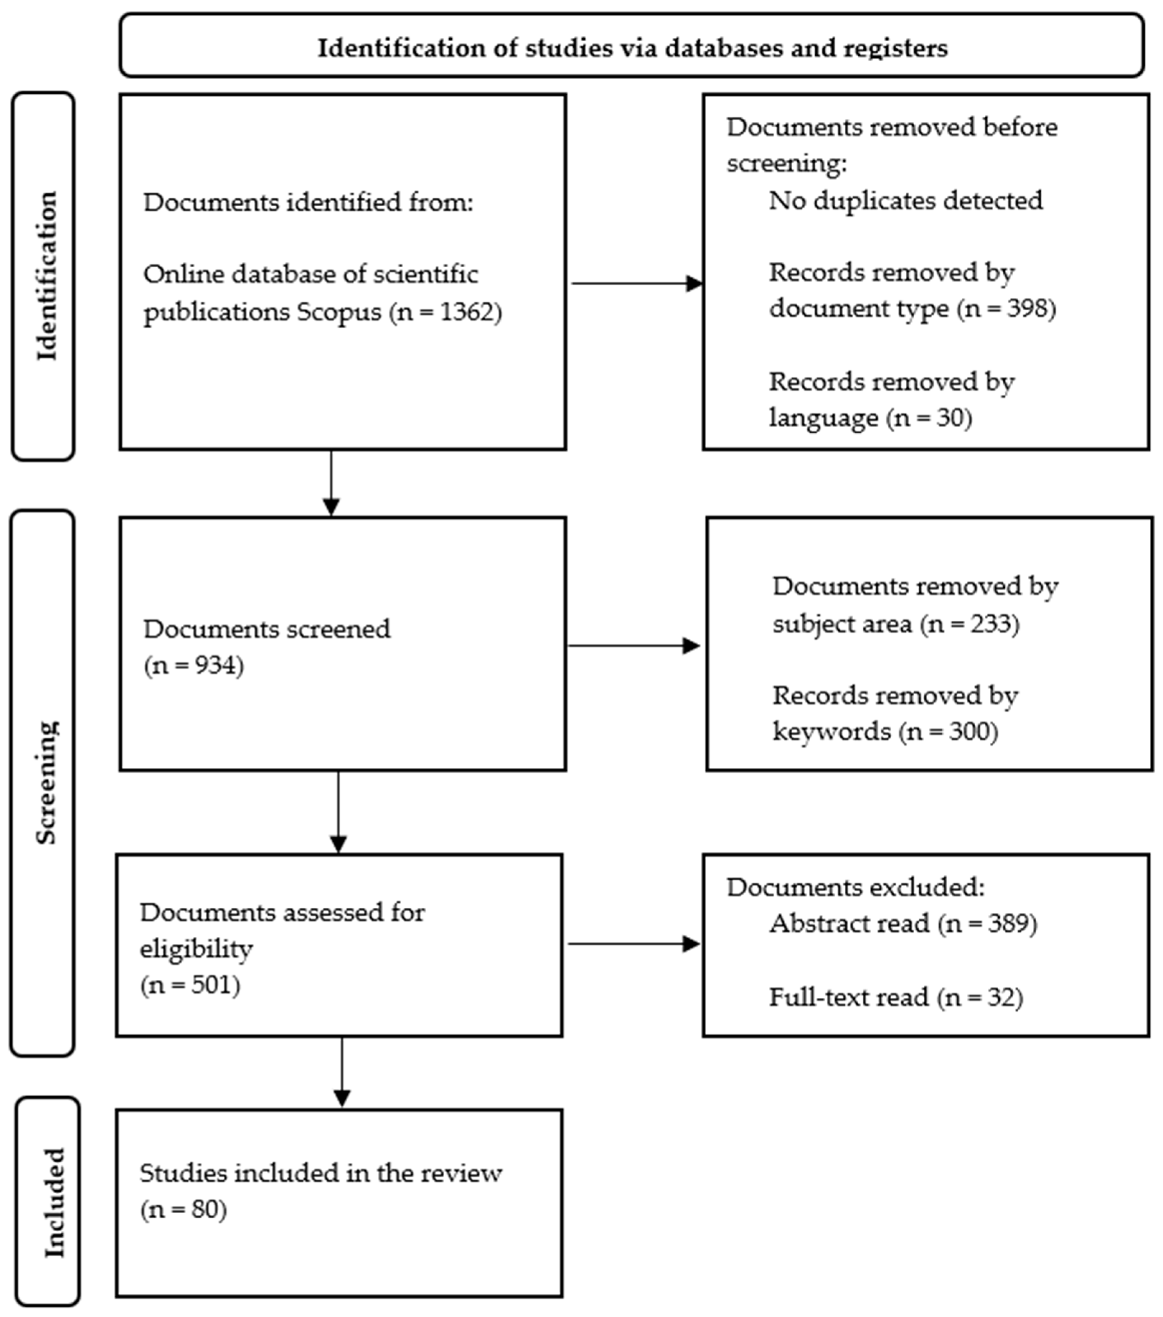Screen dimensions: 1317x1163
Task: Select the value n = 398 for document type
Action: pyautogui.click(x=1007, y=309)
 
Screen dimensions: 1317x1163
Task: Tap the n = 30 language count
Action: pyautogui.click(x=930, y=418)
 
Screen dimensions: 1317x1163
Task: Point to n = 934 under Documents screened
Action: pyautogui.click(x=194, y=665)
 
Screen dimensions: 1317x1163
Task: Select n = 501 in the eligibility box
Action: pyautogui.click(x=190, y=984)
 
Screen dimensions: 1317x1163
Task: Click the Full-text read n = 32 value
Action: pyautogui.click(x=980, y=997)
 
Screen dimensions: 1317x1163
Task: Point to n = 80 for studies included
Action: pyautogui.click(x=184, y=1209)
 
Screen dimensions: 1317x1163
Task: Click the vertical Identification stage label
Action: pyautogui.click(x=46, y=276)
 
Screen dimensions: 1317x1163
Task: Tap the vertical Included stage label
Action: pyautogui.click(x=54, y=1202)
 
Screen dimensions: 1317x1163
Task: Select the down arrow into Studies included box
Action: pyautogui.click(x=342, y=1073)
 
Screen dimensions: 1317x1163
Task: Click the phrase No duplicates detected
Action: pyautogui.click(x=905, y=201)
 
